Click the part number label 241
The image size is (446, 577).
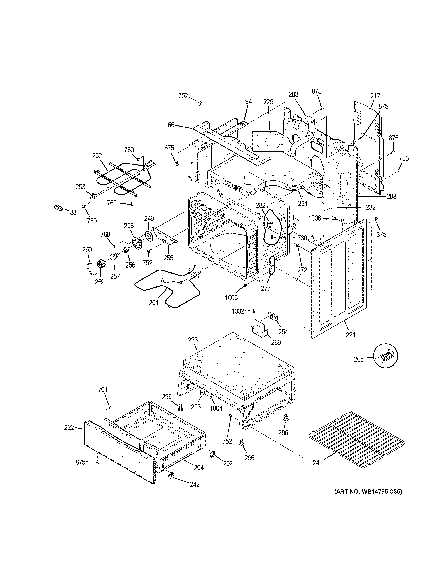click(x=317, y=463)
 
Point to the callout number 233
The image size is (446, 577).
click(x=193, y=340)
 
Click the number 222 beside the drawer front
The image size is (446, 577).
click(x=69, y=427)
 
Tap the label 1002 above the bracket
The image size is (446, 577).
click(x=238, y=311)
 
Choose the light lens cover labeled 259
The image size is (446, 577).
click(x=101, y=264)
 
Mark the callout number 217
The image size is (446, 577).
click(x=375, y=96)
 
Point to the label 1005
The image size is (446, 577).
click(x=231, y=298)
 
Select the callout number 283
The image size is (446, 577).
click(x=293, y=94)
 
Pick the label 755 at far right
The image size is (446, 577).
click(x=404, y=158)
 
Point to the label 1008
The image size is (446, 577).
click(x=315, y=218)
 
